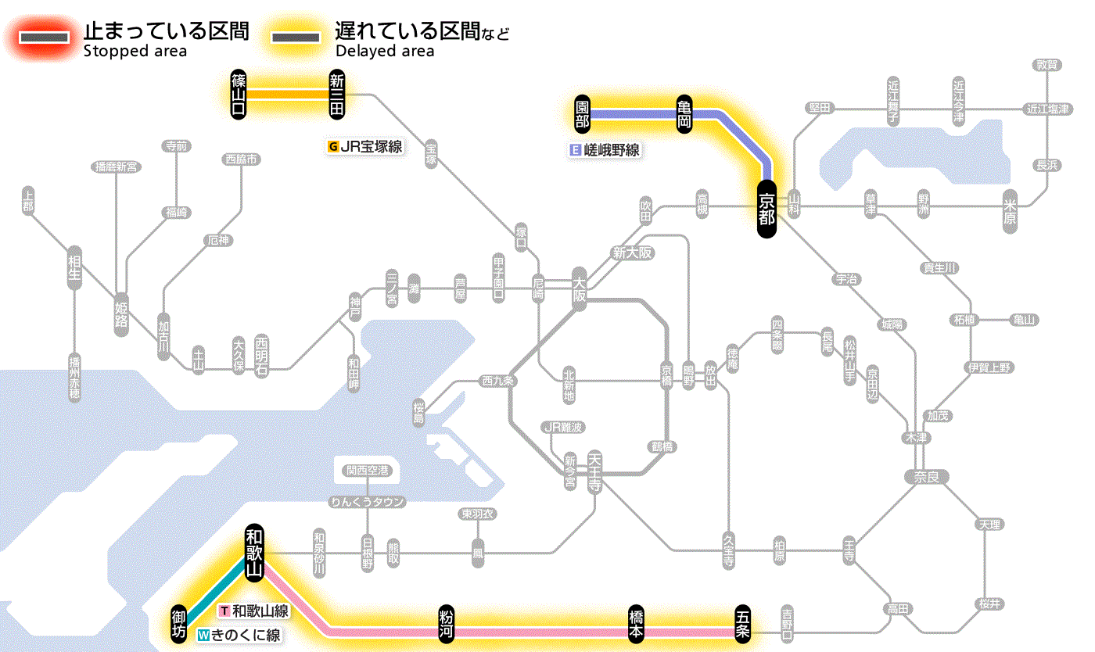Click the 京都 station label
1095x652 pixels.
pos(766,209)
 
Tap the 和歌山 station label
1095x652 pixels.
pos(253,552)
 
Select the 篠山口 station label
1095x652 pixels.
pos(239,95)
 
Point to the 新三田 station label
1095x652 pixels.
pos(337,95)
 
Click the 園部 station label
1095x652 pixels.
pos(581,114)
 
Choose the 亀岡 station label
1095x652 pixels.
pos(684,114)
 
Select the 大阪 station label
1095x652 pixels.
pos(579,290)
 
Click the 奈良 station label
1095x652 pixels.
pos(926,476)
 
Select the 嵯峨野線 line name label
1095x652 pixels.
pos(606,150)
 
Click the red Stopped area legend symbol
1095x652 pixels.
pos(45,38)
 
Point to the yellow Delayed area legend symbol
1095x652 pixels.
pos(295,38)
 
